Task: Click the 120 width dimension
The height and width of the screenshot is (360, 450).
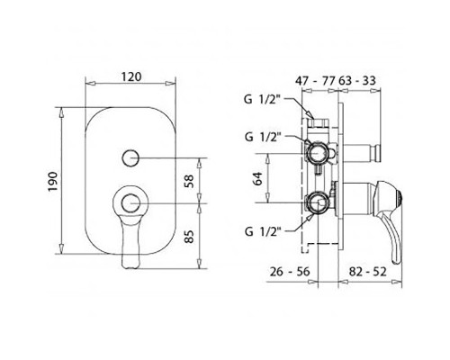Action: (131, 76)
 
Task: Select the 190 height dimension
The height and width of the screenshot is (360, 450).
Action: (53, 182)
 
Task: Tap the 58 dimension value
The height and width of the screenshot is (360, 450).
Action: (189, 181)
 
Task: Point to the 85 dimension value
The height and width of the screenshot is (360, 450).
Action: (189, 237)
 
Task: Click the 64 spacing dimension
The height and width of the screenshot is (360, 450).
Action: (258, 179)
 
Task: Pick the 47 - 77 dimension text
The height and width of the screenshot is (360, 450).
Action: (315, 80)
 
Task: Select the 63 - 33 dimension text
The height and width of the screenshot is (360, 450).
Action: (357, 80)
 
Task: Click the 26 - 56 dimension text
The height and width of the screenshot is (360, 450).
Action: (290, 272)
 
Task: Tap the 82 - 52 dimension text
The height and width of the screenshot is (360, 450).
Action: (368, 272)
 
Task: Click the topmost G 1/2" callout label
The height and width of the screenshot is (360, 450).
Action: (262, 100)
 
